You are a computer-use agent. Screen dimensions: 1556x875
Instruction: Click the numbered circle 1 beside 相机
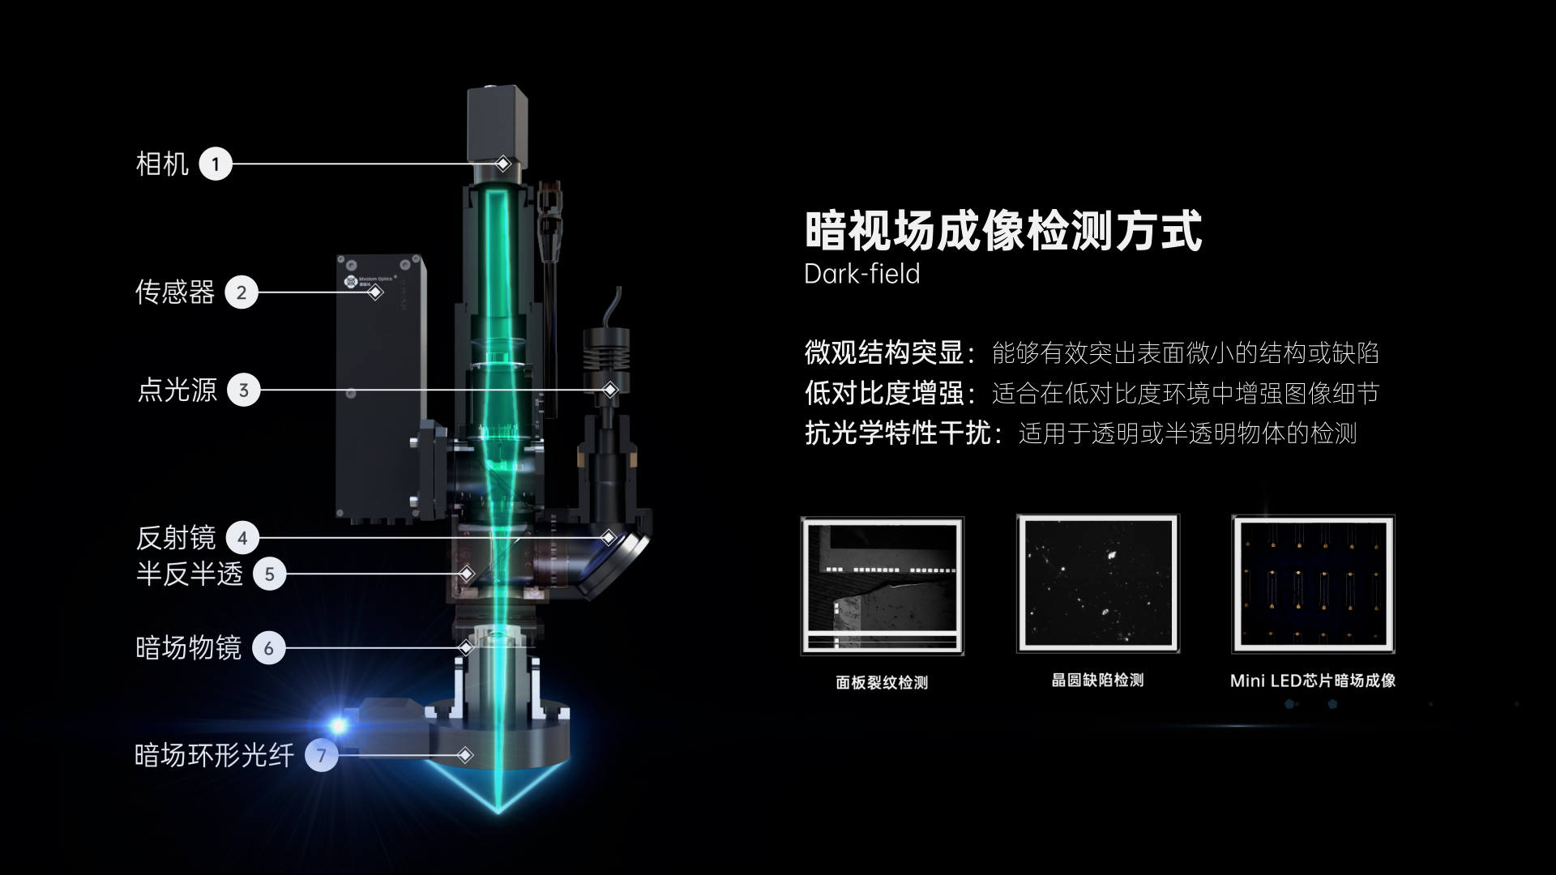coord(216,164)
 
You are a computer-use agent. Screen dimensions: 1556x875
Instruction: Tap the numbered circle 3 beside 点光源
coord(244,391)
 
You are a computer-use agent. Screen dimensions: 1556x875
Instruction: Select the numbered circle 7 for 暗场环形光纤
coord(322,755)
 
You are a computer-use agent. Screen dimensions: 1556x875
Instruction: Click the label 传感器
coord(175,292)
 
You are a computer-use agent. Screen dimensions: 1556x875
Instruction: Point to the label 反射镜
coord(176,538)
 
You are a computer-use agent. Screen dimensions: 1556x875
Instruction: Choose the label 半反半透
coord(190,574)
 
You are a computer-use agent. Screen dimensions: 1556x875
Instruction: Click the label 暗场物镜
coord(189,648)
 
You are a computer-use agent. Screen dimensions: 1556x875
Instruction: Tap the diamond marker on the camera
coord(502,164)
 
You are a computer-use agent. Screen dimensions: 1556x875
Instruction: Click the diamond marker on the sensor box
coord(375,292)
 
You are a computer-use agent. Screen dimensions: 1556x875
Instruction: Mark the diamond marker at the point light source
coord(610,390)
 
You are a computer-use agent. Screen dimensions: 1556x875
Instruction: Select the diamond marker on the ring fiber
coord(465,755)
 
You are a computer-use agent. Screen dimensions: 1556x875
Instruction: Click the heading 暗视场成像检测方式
coord(1003,230)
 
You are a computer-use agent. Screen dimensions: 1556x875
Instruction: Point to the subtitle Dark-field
coord(861,274)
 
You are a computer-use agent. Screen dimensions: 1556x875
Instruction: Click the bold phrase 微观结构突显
coord(884,352)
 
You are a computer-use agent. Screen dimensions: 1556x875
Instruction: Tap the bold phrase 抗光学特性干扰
coord(898,433)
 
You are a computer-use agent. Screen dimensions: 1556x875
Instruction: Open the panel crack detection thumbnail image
coord(882,585)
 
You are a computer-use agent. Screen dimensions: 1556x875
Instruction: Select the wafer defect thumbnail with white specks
coord(1098,583)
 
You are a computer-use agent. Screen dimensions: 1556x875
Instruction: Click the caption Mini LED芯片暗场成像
coord(1313,681)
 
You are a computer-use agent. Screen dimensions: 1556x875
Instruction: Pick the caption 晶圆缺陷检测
coord(1098,680)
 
